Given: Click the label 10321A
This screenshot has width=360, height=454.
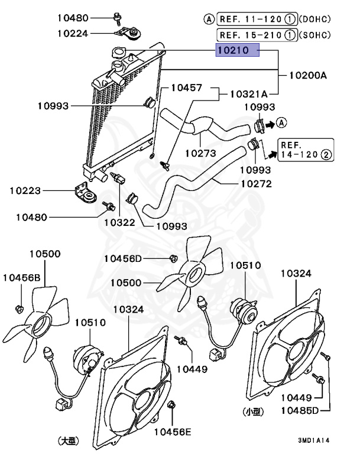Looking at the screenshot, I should coord(249,94).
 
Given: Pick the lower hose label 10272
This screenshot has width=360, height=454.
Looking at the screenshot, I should coord(256,183).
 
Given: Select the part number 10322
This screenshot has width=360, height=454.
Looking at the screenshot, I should coord(120,223).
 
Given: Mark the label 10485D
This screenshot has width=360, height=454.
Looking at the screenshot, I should coord(300,410).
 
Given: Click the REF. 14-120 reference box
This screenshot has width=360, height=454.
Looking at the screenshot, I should coord(306,150).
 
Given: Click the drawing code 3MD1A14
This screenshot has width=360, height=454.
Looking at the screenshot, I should coord(313,440).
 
